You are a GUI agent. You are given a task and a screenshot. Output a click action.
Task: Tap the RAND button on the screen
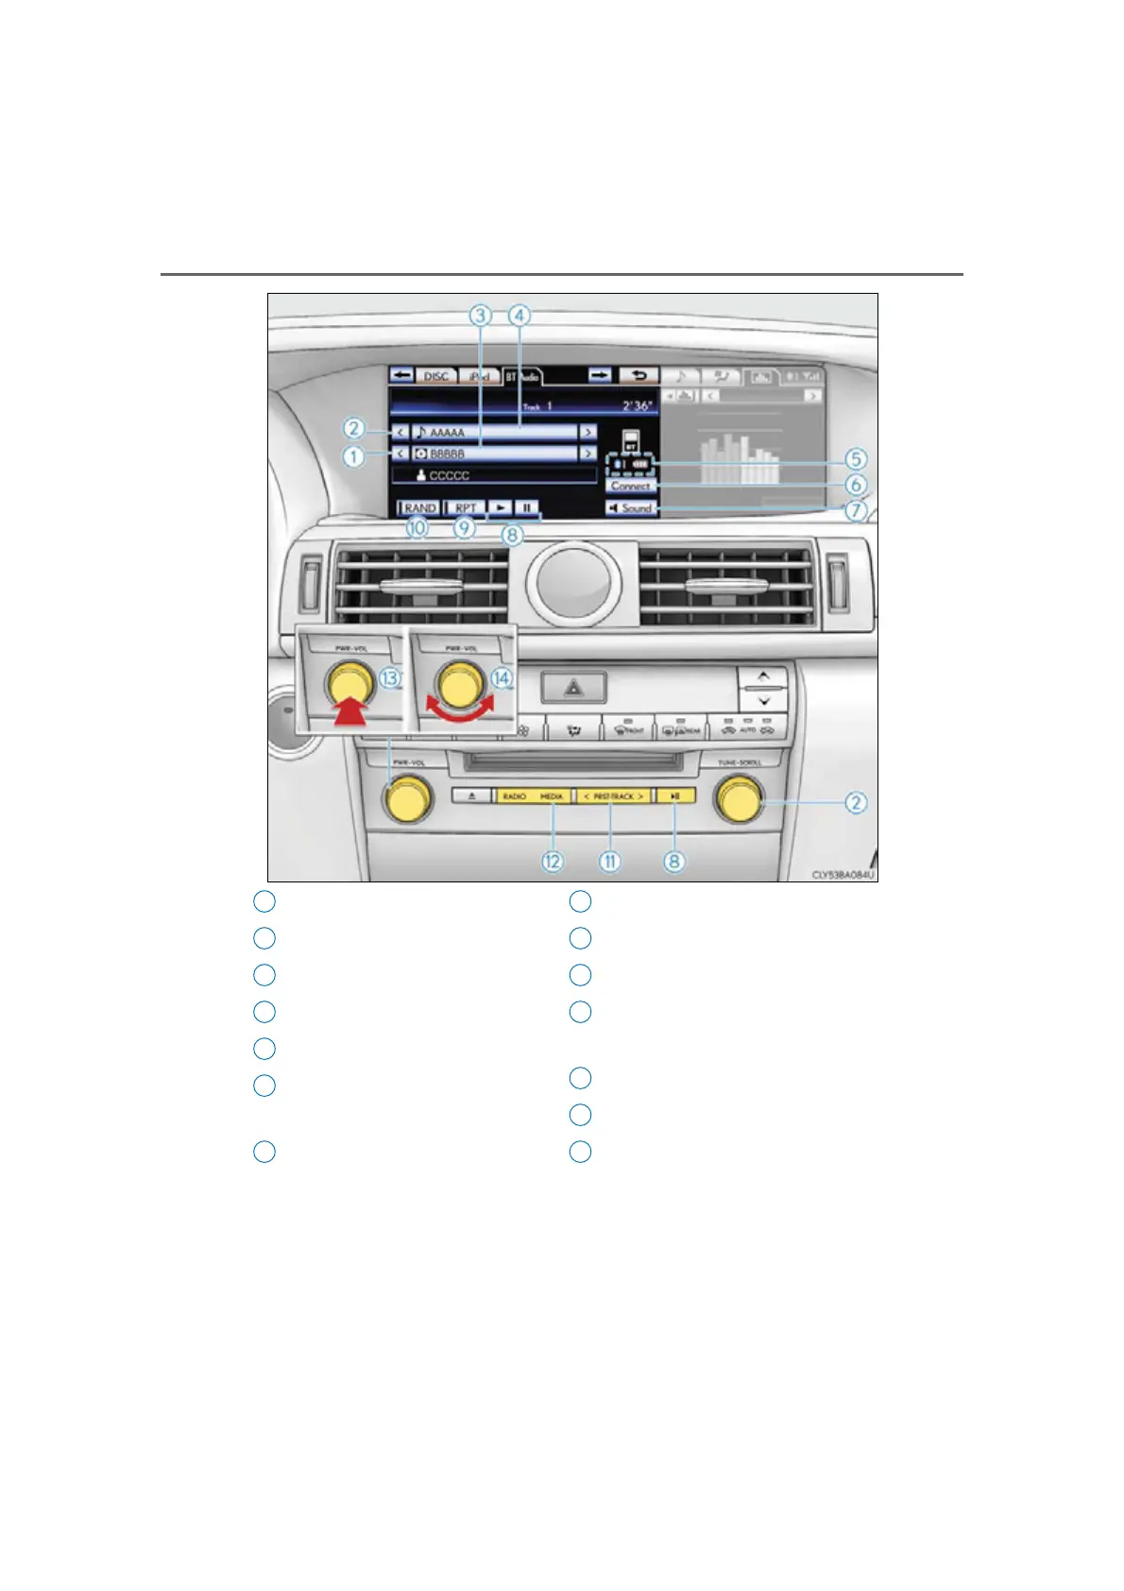click(x=419, y=508)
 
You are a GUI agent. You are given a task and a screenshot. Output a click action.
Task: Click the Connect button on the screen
click(x=630, y=486)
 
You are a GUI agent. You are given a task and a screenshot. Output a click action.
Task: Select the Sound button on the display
click(x=631, y=508)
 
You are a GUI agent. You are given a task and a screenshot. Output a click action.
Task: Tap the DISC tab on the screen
click(x=435, y=376)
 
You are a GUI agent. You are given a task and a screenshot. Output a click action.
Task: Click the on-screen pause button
click(x=527, y=508)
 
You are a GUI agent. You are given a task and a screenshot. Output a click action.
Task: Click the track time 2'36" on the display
click(x=636, y=406)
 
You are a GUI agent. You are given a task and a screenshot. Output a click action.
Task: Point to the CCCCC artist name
click(x=449, y=475)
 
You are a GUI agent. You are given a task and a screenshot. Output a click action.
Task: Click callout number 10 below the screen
click(x=417, y=528)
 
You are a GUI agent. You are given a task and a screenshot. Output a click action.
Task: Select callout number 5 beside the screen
click(x=855, y=459)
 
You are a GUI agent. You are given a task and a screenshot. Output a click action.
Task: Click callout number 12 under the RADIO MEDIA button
click(x=553, y=861)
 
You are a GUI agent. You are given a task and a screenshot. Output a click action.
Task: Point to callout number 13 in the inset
click(x=390, y=677)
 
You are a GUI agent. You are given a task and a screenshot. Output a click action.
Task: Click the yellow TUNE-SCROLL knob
click(x=739, y=800)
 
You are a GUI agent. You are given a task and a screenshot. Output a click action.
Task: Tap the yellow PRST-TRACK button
click(x=613, y=796)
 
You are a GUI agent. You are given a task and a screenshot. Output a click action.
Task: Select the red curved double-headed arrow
click(x=459, y=710)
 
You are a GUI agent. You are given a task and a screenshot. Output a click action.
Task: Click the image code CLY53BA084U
click(x=843, y=875)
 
